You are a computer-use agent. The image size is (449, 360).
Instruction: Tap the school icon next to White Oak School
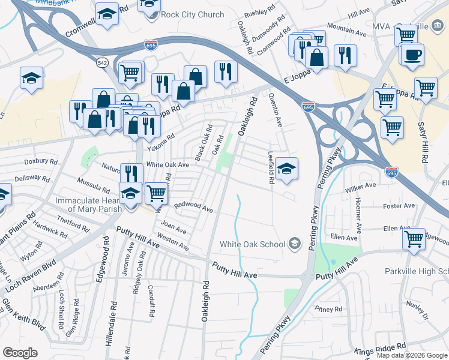[295, 243]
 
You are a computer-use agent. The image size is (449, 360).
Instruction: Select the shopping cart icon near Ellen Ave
[414, 238]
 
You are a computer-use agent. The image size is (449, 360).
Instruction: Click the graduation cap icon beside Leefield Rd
[287, 169]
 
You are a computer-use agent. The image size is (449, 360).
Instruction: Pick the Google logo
[20, 353]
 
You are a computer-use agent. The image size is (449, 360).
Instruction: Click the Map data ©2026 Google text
[412, 355]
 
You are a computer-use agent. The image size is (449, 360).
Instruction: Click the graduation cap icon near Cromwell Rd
[107, 14]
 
